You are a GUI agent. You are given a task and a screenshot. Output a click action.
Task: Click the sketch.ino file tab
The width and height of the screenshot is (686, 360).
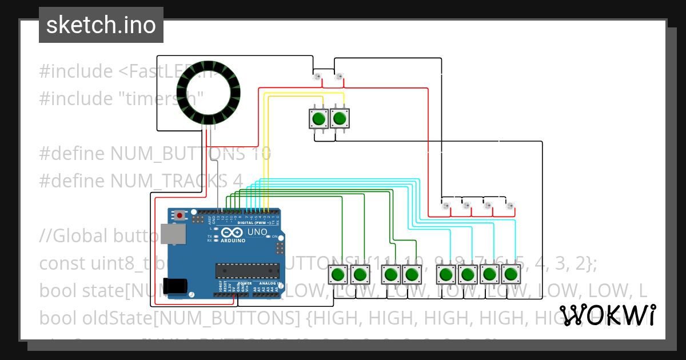click(101, 25)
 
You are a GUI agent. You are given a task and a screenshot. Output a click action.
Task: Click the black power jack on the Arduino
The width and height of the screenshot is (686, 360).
click(174, 286)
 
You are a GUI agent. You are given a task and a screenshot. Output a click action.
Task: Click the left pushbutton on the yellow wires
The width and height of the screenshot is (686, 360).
click(318, 118)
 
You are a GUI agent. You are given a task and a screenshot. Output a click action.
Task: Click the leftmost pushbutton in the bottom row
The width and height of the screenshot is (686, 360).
click(339, 275)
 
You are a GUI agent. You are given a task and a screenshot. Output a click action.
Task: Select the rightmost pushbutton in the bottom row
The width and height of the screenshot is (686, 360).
click(510, 274)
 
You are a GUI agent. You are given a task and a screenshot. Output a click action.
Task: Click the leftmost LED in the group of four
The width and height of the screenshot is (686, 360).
click(446, 205)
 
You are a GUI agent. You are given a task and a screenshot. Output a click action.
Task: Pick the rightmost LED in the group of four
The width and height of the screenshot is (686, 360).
click(510, 205)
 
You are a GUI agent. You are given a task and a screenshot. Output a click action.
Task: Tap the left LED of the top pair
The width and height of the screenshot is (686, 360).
click(318, 75)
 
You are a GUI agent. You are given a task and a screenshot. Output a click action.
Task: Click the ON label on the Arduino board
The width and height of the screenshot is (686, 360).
click(275, 237)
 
